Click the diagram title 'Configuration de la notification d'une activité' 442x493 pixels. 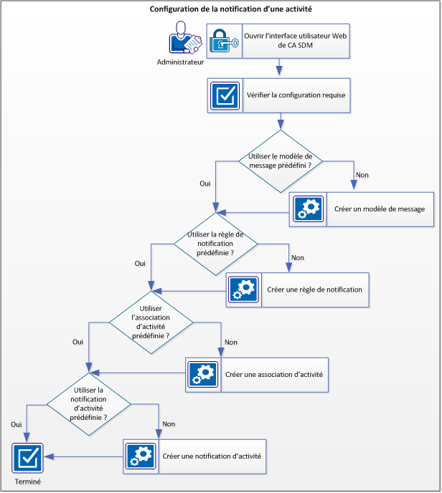tap(220, 9)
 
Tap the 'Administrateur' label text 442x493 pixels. tap(180, 62)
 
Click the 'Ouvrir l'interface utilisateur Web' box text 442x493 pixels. tap(296, 42)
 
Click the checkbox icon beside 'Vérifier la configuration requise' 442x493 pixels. tap(225, 95)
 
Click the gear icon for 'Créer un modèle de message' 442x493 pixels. tap(308, 209)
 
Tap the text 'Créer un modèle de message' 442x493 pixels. tap(380, 209)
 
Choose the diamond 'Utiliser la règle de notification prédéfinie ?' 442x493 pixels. tap(215, 244)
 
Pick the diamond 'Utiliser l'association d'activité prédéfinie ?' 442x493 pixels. tap(151, 325)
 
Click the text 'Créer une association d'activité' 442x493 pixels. tap(274, 375)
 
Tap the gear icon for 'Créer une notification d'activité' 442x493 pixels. tap(141, 456)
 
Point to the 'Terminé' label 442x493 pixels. tap(27, 482)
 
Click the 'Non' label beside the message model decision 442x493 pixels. tap(362, 174)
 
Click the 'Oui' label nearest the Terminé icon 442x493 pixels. tap(16, 424)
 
